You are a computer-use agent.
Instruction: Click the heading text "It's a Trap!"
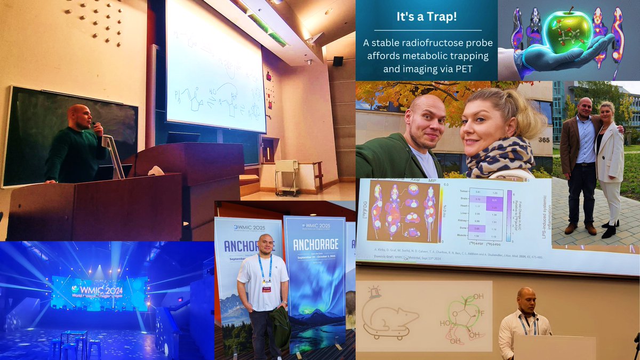[426, 16]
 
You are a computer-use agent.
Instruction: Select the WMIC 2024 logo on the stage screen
[99, 290]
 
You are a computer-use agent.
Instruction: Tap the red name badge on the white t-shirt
[266, 288]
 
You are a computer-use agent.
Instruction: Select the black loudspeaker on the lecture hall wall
[338, 61]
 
